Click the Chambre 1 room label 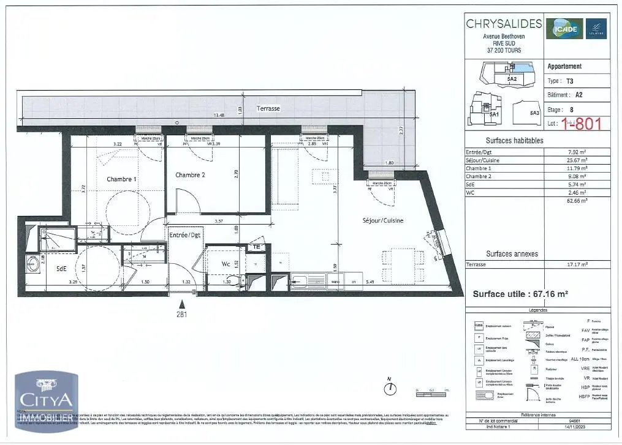pyautogui.click(x=121, y=179)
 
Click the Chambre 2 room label pyautogui.click(x=190, y=175)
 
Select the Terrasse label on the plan pyautogui.click(x=268, y=108)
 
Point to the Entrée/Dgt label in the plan pyautogui.click(x=184, y=234)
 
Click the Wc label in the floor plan pyautogui.click(x=225, y=265)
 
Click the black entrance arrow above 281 pyautogui.click(x=181, y=304)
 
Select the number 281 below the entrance pyautogui.click(x=181, y=315)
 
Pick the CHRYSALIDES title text pyautogui.click(x=504, y=24)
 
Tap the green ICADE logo pyautogui.click(x=564, y=28)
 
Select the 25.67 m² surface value pyautogui.click(x=577, y=160)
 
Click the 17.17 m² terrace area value pyautogui.click(x=577, y=264)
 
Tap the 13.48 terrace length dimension pyautogui.click(x=218, y=115)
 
